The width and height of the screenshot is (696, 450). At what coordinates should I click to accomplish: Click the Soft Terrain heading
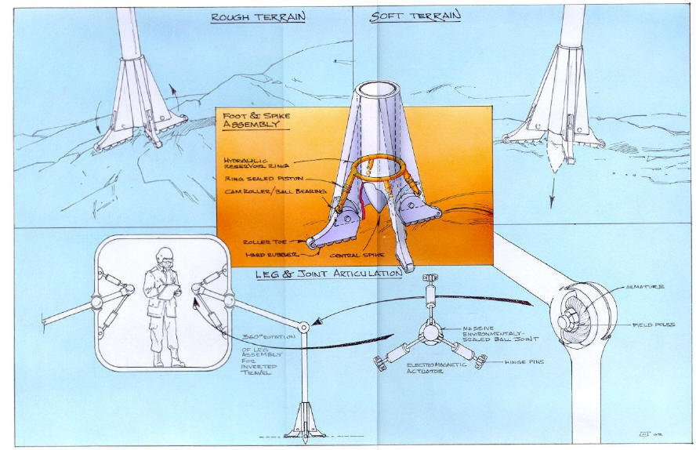[x=415, y=16]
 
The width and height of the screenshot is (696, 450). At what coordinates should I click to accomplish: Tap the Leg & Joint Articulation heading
[x=329, y=274]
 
